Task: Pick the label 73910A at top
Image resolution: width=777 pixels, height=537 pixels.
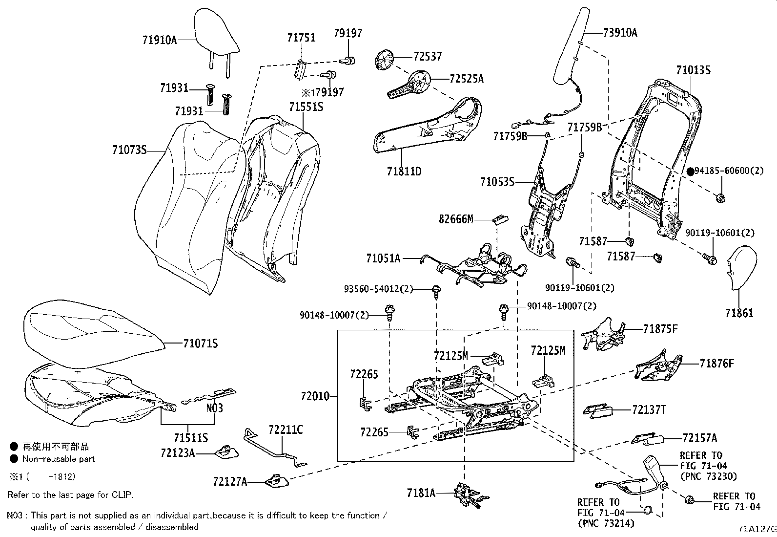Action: coord(620,33)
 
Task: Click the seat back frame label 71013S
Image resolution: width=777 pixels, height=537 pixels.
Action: coord(693,70)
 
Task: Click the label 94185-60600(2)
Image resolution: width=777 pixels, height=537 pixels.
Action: coord(729,171)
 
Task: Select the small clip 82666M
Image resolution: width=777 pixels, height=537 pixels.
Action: coord(500,218)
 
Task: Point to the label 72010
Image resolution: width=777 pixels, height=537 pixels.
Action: coord(315,396)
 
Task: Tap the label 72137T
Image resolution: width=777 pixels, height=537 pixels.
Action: coord(649,409)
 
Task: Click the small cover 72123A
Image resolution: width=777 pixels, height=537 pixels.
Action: coord(226,452)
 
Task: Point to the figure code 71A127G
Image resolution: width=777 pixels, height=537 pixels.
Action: coord(757,529)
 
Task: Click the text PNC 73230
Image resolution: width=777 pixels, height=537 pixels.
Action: coord(708,476)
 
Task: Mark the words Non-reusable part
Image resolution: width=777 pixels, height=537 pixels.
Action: coord(59,459)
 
